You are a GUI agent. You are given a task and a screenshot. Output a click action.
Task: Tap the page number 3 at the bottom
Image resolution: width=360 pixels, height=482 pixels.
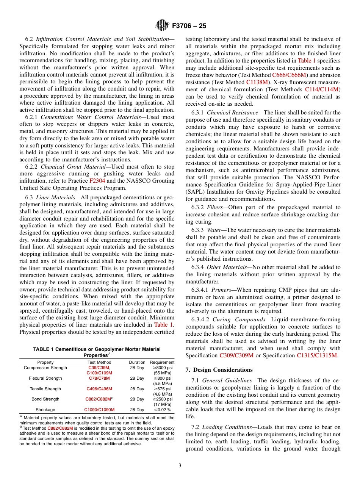pos(180,466)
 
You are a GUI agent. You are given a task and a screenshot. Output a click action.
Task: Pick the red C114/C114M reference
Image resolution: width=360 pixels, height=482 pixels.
pos(322,89)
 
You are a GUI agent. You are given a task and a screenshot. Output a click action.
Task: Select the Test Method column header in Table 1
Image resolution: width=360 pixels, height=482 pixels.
pos(99,362)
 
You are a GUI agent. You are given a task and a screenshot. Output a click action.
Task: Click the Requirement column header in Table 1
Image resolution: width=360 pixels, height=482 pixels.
pos(162,362)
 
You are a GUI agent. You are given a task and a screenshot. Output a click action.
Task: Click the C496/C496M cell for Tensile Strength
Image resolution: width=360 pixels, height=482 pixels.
pos(99,389)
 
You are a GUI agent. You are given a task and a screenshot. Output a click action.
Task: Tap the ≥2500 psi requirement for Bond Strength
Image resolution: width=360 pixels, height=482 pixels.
pos(162,399)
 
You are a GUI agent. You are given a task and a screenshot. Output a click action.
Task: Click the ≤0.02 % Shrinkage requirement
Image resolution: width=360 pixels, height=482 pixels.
pos(162,410)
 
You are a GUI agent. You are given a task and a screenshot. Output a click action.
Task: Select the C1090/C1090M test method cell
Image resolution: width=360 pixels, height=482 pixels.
pos(99,410)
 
